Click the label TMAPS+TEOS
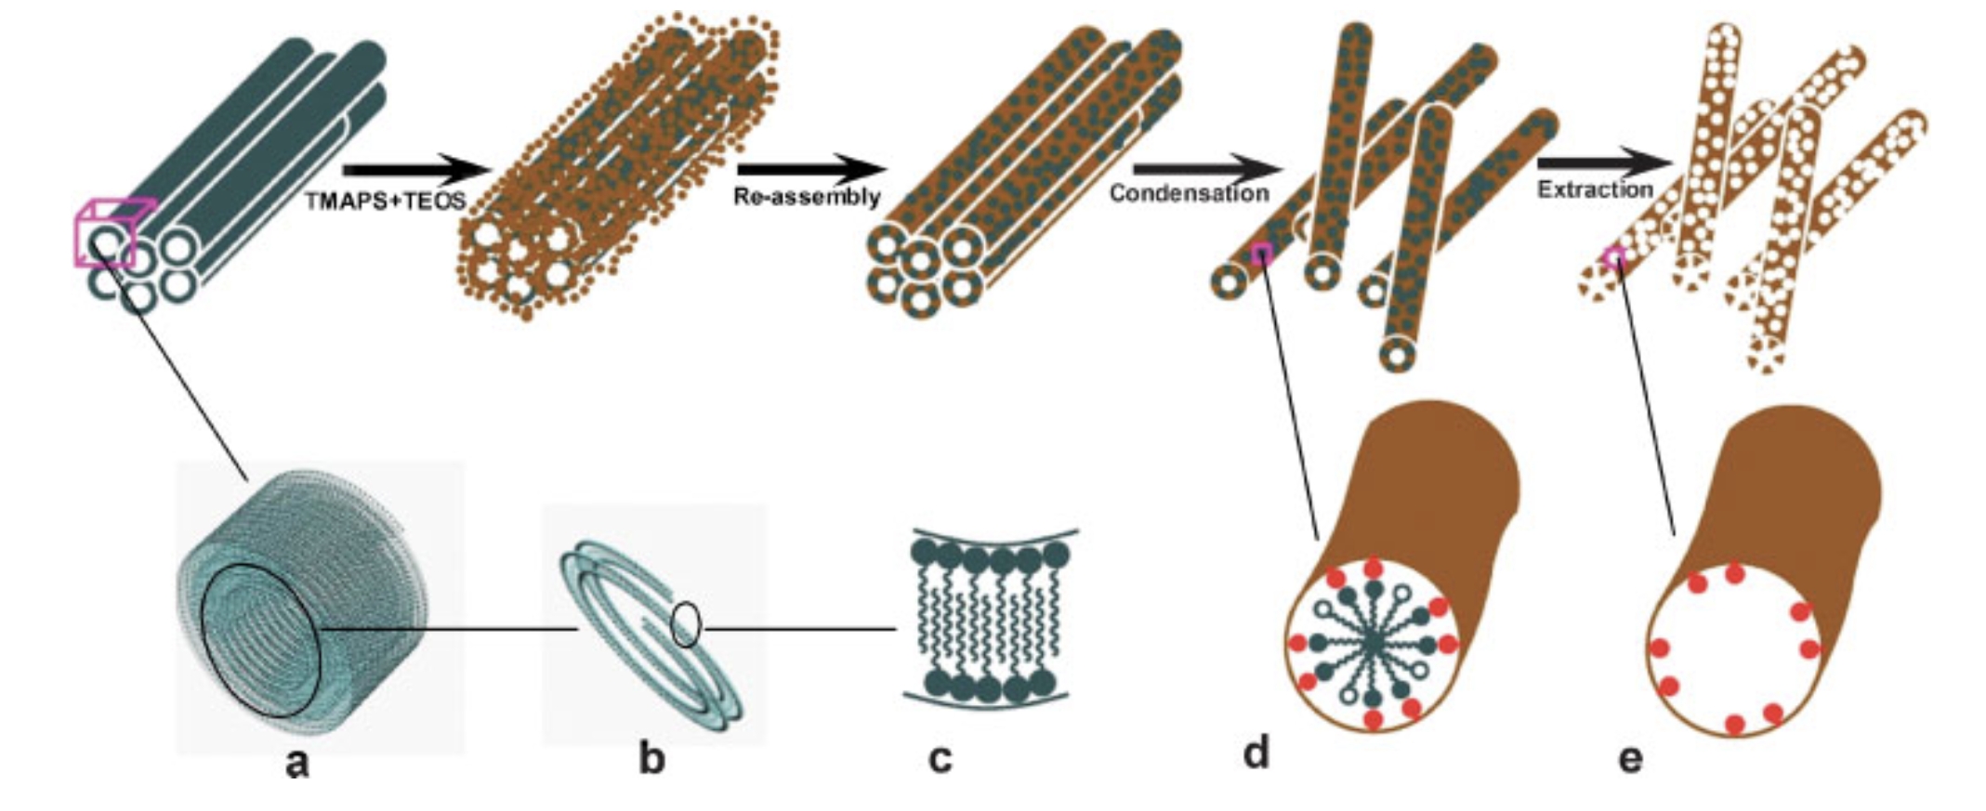386,202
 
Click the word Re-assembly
806,198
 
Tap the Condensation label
1189,193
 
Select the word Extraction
1595,190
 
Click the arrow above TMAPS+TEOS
414,170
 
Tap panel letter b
651,760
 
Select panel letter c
940,759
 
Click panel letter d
1256,753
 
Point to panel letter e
1630,759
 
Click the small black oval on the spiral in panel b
685,624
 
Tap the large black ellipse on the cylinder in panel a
262,641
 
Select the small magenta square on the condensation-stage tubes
1261,254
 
